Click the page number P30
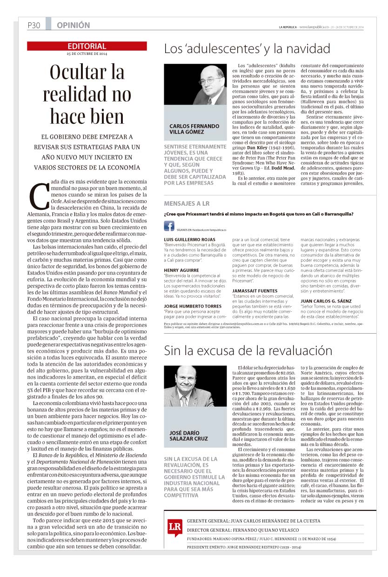[34, 26]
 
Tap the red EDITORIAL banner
[87, 46]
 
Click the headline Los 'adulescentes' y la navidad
[247, 49]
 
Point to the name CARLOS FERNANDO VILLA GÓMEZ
[194, 129]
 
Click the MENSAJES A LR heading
[187, 204]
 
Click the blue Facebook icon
[169, 226]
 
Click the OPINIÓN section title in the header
[73, 26]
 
